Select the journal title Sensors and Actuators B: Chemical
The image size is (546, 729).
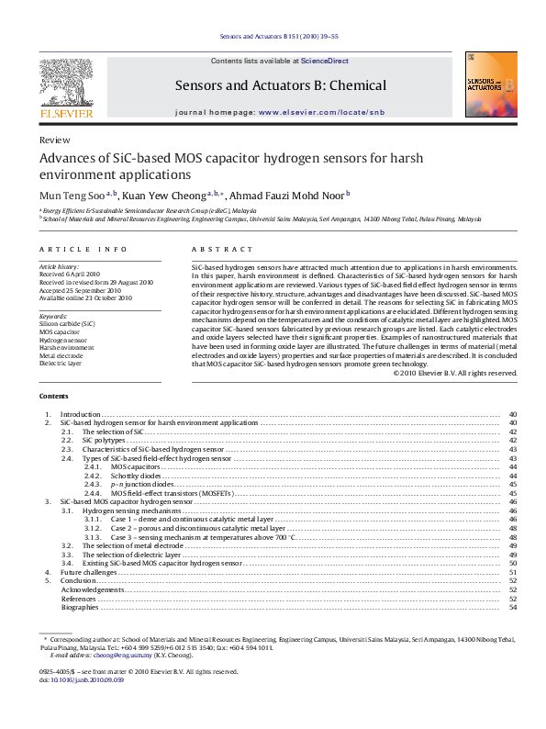[281, 85]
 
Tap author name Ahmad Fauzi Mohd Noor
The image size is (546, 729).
[284, 195]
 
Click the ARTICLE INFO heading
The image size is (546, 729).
[70, 250]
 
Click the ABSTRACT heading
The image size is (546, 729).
[221, 250]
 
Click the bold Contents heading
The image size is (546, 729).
[53, 396]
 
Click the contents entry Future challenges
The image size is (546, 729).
[88, 572]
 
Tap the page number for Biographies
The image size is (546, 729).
[512, 607]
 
